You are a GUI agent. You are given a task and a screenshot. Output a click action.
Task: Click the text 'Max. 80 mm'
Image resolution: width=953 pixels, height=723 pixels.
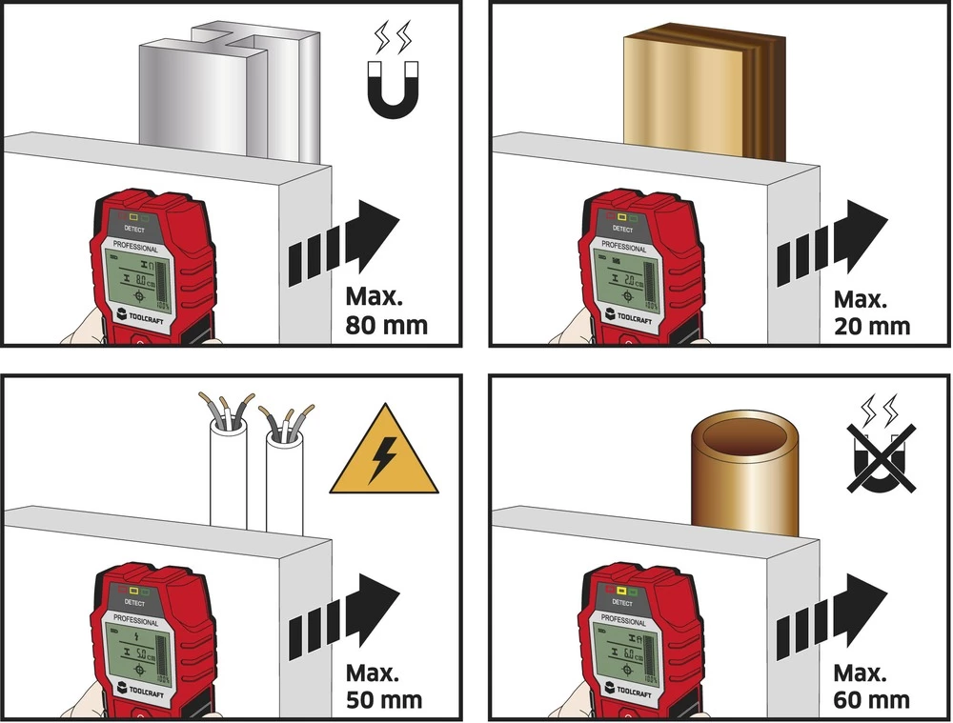click(x=385, y=311)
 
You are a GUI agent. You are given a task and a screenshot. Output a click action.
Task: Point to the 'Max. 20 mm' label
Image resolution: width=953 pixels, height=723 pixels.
click(x=871, y=312)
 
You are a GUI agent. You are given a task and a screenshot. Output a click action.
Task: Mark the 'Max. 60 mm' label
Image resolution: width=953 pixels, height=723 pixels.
click(x=870, y=686)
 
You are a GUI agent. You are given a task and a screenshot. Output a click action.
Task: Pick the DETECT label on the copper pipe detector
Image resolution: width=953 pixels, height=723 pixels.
click(x=622, y=604)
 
